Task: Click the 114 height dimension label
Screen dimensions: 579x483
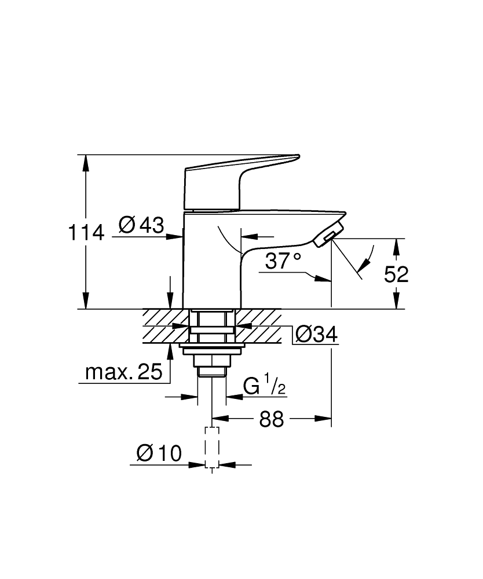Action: coord(86,233)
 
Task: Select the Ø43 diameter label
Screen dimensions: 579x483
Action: coord(141,225)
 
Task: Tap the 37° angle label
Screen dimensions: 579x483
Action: coord(283,261)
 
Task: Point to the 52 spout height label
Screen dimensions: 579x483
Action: coord(397,274)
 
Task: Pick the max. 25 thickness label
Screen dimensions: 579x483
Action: coord(123,373)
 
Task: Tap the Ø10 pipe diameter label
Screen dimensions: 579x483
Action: coord(159,453)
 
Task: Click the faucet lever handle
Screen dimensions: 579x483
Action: coord(232,179)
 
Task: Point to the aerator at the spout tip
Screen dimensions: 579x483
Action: coord(327,236)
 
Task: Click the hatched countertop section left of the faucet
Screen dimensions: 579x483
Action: coord(165,326)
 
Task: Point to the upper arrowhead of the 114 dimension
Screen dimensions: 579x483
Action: coord(86,162)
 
